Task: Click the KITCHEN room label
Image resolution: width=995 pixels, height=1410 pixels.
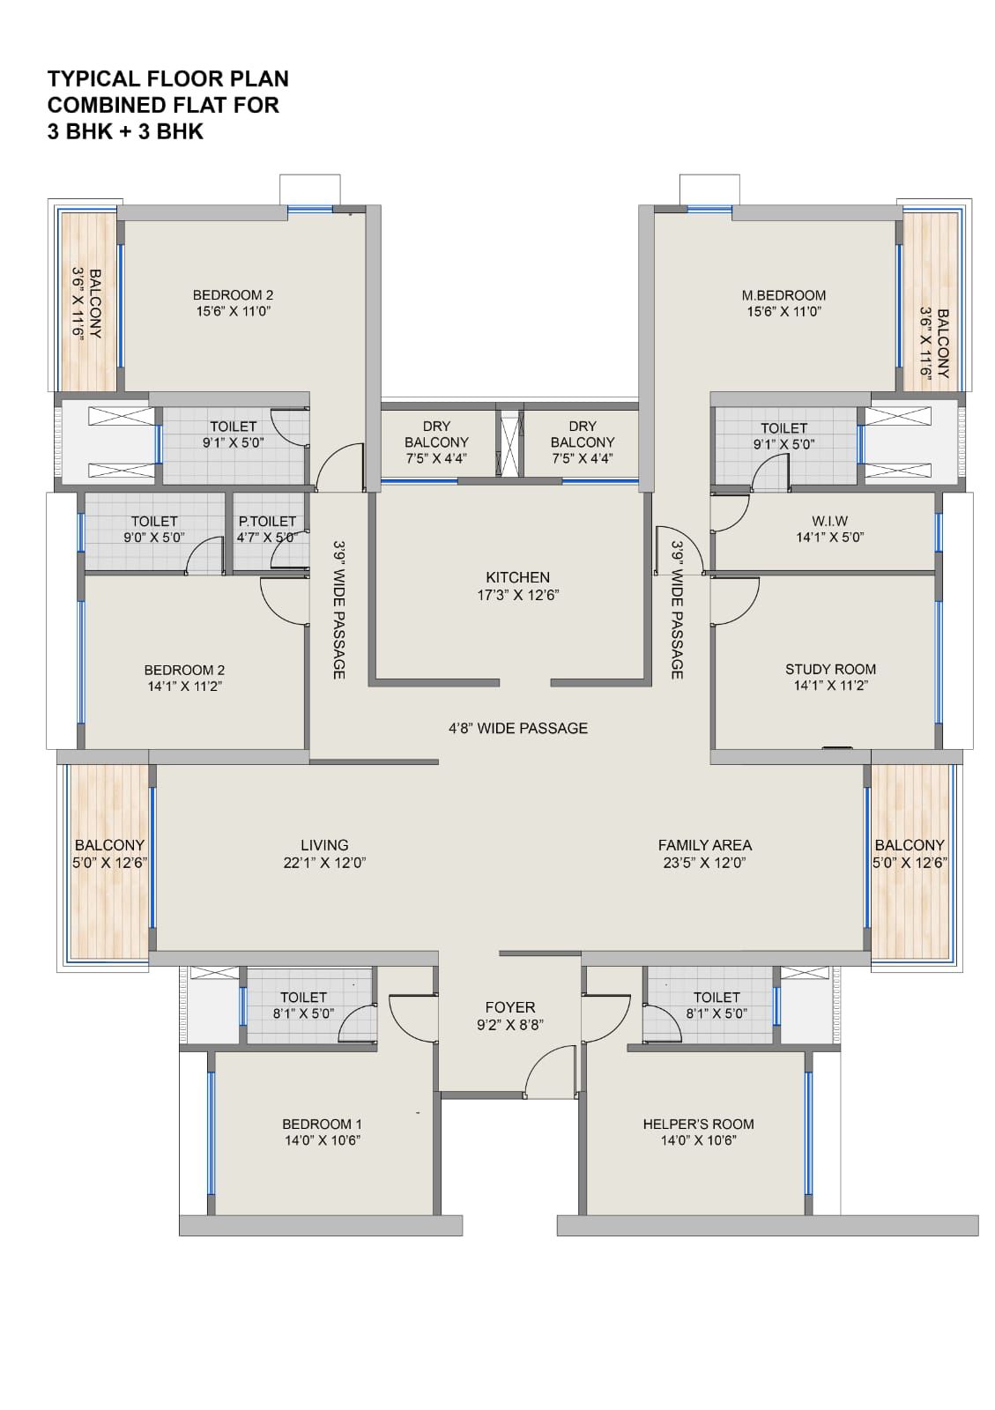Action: click(x=517, y=577)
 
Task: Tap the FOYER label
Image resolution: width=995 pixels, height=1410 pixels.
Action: click(x=509, y=1008)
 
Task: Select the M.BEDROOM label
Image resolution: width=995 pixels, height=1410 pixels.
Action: click(x=783, y=295)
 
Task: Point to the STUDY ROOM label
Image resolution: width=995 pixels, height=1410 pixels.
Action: click(x=830, y=669)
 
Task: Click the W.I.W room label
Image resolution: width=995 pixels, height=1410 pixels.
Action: click(x=829, y=521)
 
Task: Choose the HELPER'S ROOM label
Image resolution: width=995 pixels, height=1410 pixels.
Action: click(x=698, y=1124)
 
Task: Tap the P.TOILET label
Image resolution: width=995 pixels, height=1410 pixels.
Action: click(x=267, y=521)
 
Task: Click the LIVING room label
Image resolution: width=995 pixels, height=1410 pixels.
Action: click(x=324, y=845)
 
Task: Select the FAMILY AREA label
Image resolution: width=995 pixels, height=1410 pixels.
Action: click(x=705, y=845)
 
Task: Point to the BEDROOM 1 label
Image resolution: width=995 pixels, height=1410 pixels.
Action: click(x=322, y=1124)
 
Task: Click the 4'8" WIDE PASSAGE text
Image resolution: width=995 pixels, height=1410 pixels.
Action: click(x=518, y=728)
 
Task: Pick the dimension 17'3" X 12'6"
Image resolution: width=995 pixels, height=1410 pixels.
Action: click(x=517, y=595)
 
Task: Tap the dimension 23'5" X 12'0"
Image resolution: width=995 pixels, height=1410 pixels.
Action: click(x=704, y=863)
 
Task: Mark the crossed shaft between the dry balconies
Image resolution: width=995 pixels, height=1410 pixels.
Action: click(x=509, y=444)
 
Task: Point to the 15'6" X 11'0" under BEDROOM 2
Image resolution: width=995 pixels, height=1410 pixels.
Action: click(x=233, y=311)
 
